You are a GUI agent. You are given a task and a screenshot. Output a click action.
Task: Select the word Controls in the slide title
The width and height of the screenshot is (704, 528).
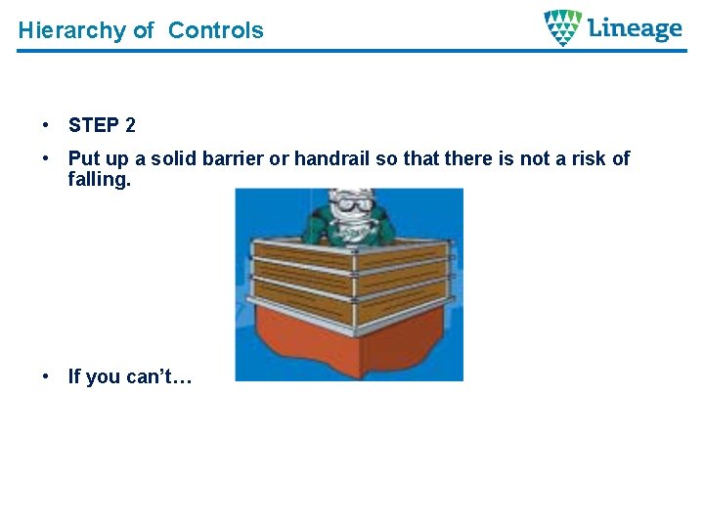pos(215,30)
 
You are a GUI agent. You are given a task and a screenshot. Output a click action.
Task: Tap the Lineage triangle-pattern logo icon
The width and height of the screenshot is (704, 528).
pos(562,27)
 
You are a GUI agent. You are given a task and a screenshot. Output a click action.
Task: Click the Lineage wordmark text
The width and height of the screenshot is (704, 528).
pos(635,28)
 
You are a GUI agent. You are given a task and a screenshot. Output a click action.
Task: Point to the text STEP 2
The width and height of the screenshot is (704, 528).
pos(102,125)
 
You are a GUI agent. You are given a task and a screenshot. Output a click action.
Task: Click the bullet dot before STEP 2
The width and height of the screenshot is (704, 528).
pos(46,125)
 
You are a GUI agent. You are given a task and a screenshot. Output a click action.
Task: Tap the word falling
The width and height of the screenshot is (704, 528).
pos(99,179)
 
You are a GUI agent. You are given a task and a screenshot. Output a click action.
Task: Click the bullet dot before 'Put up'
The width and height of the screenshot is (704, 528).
pos(46,158)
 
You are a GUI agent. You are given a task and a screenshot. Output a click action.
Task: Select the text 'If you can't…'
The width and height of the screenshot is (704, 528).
pos(129,376)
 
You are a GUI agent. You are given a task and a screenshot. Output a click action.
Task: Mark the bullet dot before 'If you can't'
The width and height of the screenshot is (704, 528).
pos(46,376)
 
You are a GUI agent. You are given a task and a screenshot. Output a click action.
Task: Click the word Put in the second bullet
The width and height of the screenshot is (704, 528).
pos(83,158)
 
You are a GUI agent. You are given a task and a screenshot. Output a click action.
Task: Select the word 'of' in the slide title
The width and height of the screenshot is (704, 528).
pos(144,30)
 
